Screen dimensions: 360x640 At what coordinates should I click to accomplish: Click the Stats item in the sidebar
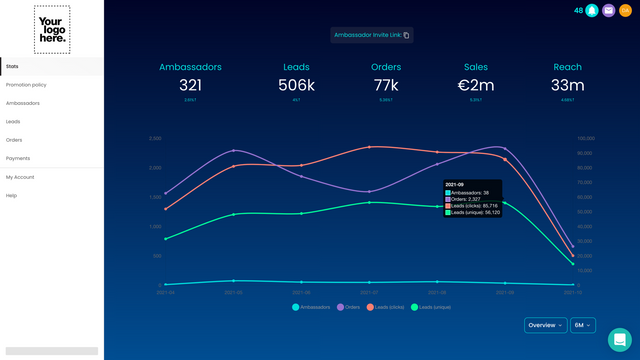pos(13,66)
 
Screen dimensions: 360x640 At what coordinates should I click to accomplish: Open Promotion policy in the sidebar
pos(26,85)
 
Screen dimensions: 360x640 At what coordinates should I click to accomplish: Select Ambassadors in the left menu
pos(23,103)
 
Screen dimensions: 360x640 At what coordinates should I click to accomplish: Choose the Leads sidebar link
pos(13,121)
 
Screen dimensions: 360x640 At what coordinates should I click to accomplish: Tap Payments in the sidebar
pos(18,158)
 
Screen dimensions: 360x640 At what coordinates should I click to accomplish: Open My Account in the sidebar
pos(20,177)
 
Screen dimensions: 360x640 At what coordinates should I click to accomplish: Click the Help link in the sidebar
pos(12,195)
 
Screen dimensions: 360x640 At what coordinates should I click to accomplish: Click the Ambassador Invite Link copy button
pos(406,35)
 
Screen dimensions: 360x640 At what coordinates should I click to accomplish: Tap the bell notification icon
pos(592,11)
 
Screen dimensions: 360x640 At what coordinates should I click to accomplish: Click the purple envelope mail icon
pos(608,11)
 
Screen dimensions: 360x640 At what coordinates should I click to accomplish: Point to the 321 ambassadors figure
pos(190,86)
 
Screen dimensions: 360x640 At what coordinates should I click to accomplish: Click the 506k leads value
pos(296,86)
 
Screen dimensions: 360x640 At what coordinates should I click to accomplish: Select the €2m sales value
pos(476,86)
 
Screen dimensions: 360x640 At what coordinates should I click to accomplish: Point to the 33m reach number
pos(567,86)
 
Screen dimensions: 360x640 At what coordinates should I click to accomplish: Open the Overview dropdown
pos(545,325)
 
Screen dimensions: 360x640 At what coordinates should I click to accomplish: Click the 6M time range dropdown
pos(582,325)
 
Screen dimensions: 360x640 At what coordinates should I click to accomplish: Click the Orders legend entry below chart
pos(348,307)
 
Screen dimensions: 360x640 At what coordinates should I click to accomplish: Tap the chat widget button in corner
pos(619,339)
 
